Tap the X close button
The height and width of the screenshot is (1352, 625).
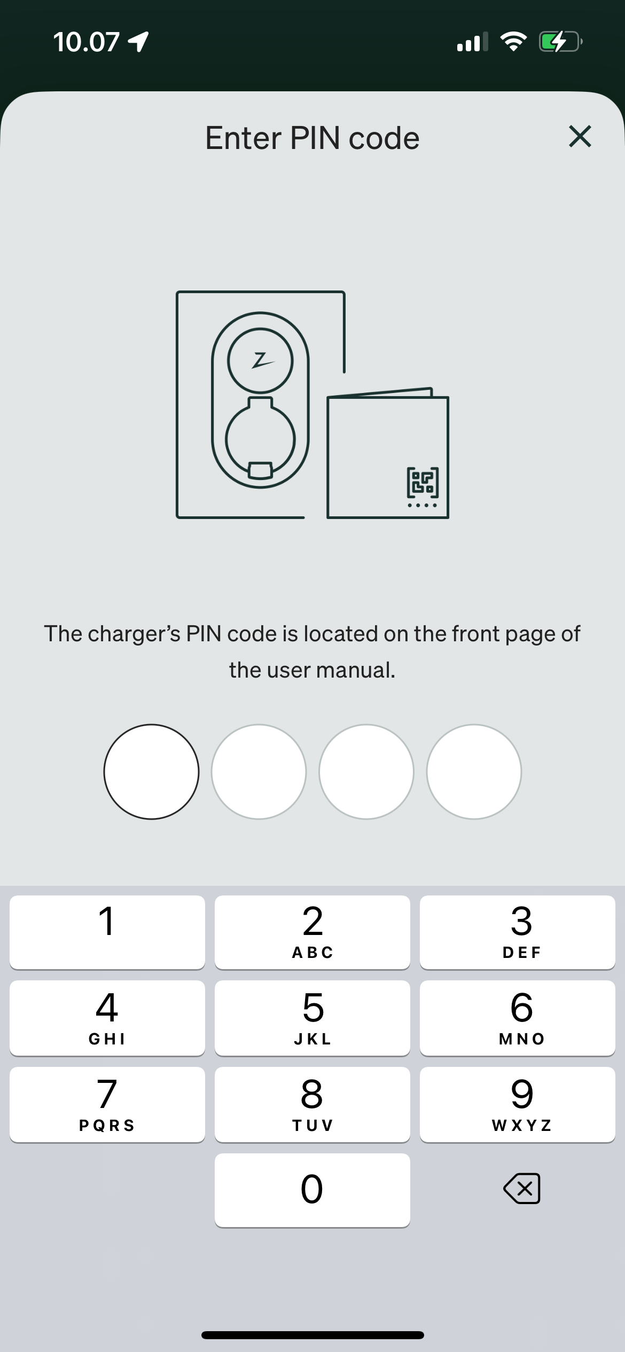click(x=580, y=136)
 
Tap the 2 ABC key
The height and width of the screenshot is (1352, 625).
click(x=312, y=932)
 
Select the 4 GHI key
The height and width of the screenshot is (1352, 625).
click(x=107, y=1018)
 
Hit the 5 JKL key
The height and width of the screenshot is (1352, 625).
click(x=312, y=1018)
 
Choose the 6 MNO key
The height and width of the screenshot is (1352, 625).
click(x=518, y=1018)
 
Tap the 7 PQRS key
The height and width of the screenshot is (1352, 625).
click(x=107, y=1104)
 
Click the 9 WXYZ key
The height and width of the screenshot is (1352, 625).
click(x=518, y=1104)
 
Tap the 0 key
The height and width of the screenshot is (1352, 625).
click(x=312, y=1190)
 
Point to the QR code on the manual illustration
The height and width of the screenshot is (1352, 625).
click(x=423, y=482)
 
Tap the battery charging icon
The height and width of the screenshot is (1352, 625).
click(x=560, y=42)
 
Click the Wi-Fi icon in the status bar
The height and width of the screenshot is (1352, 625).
click(x=513, y=42)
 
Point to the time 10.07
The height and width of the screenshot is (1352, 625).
click(x=86, y=42)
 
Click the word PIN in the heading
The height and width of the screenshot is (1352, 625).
click(x=315, y=138)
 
